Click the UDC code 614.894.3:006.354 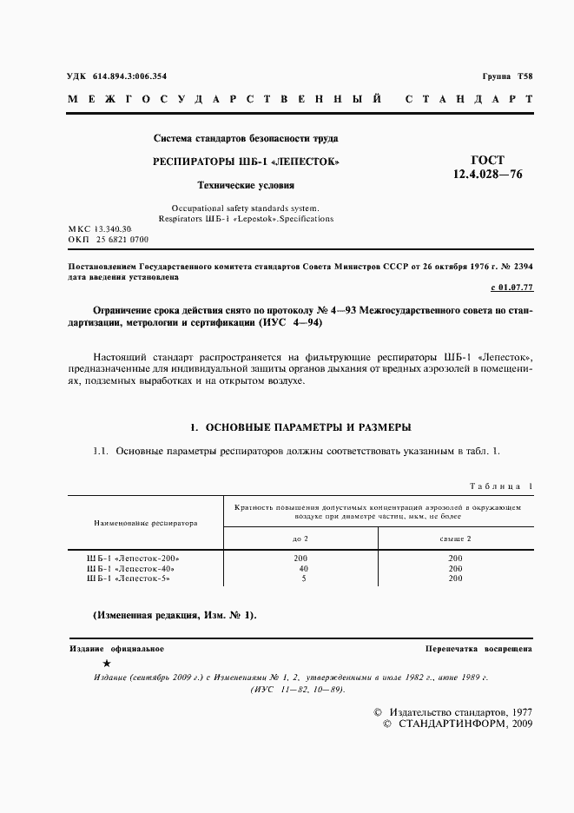[116, 76]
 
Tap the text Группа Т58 [507, 76]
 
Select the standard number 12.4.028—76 [486, 175]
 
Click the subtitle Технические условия [246, 185]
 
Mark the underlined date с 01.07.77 [511, 288]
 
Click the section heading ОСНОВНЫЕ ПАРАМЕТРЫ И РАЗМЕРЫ [300, 427]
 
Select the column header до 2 [300, 539]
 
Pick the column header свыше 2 [455, 539]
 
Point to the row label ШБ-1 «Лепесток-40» [132, 568]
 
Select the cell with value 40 [303, 568]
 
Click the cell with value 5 [303, 578]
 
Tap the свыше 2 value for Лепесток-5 [455, 578]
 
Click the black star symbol [106, 663]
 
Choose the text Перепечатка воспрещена [478, 649]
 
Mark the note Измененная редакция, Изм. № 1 [175, 615]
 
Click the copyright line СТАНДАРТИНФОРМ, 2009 [459, 724]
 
